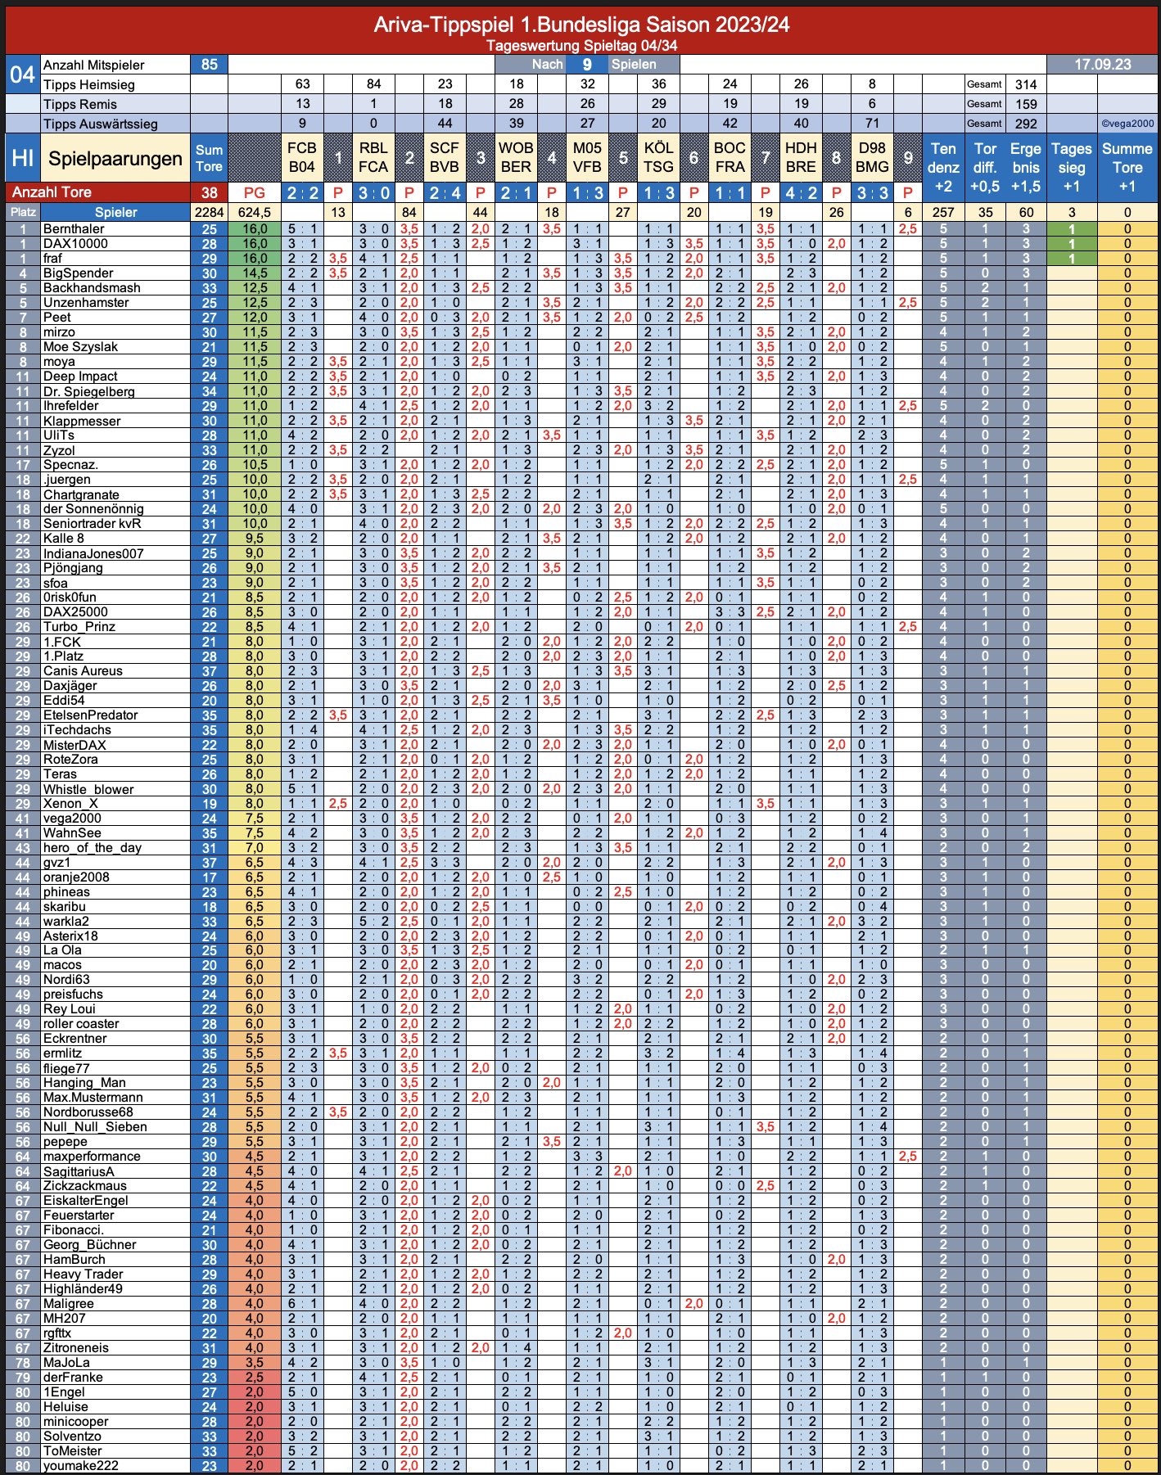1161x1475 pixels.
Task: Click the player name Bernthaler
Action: coord(74,229)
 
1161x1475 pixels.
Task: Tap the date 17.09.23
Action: coord(1102,65)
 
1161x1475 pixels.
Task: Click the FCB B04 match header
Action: coord(301,157)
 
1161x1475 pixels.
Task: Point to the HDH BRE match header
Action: coord(801,157)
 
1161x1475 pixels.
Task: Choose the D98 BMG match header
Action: coord(872,157)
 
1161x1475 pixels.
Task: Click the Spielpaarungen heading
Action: coord(115,159)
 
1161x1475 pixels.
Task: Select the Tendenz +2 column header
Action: coord(943,167)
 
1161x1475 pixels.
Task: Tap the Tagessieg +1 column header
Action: coord(1071,167)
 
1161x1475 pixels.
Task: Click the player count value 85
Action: coord(210,65)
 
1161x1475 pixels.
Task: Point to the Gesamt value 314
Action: coord(1026,84)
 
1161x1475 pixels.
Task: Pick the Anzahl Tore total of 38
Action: coord(209,192)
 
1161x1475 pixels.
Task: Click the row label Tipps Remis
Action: coord(80,104)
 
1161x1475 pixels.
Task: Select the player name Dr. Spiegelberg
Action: coord(89,391)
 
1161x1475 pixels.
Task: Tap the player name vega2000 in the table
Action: coord(72,819)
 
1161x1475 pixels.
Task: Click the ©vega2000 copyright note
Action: coord(1127,124)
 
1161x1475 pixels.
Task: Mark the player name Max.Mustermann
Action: coord(93,1098)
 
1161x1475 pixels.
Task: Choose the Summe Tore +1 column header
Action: coord(1127,167)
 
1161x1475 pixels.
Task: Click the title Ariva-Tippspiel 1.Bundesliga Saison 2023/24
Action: coord(581,25)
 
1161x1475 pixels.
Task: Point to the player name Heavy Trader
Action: coord(84,1274)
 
